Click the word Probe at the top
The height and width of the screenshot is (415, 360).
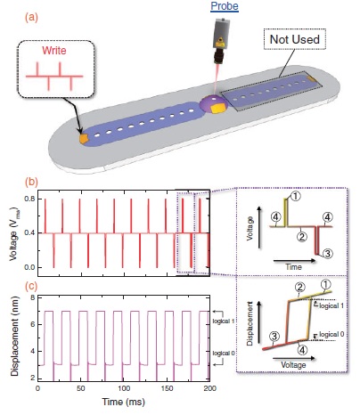click(x=225, y=6)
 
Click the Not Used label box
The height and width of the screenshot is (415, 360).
click(x=295, y=39)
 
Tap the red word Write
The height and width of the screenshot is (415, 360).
click(x=54, y=51)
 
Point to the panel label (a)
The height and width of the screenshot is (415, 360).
click(x=31, y=18)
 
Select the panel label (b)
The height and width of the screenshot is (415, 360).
click(x=31, y=182)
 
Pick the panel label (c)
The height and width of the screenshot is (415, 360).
click(x=31, y=286)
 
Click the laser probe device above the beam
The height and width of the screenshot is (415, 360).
click(x=221, y=41)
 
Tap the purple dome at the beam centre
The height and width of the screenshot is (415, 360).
click(x=213, y=105)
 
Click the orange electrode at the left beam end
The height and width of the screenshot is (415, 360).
click(x=84, y=139)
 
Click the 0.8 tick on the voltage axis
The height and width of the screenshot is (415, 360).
click(x=29, y=199)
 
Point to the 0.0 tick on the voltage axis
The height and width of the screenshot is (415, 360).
click(x=29, y=267)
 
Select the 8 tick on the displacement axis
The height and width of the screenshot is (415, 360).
click(x=33, y=297)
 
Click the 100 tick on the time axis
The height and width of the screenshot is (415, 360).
click(x=124, y=388)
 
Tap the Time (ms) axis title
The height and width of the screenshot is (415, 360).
click(x=124, y=402)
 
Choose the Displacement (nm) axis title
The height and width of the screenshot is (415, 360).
click(x=14, y=337)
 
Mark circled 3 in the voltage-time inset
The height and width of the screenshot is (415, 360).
click(x=327, y=254)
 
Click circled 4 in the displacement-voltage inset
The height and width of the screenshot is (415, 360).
click(x=302, y=351)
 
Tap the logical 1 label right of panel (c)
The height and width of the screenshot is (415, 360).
click(x=224, y=321)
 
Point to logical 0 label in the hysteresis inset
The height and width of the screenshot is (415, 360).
click(x=331, y=335)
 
